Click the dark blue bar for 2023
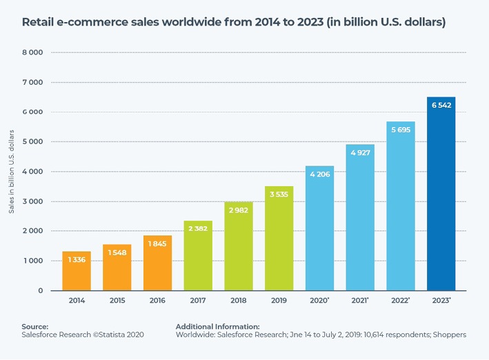[x=441, y=200]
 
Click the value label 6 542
[x=441, y=106]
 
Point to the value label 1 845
[x=157, y=244]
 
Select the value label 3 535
[x=279, y=194]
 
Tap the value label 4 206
[x=319, y=174]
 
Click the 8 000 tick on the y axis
[x=33, y=52]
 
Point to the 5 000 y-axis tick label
[x=33, y=142]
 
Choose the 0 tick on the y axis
[x=40, y=291]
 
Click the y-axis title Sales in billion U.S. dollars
[x=12, y=170]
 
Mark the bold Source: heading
[x=34, y=326]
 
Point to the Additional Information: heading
[x=217, y=326]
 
